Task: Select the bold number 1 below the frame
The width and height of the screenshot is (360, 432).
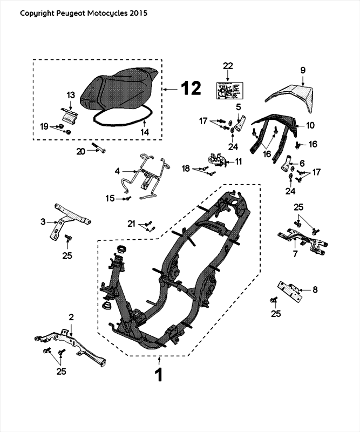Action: pos(159,374)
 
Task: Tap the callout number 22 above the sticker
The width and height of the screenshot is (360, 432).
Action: pos(228,65)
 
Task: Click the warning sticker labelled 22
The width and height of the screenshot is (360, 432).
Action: pos(228,90)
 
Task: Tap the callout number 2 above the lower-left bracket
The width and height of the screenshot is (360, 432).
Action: pos(71,317)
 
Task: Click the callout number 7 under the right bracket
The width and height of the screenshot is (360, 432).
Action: pos(295,254)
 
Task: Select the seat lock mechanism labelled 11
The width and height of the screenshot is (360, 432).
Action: pos(219,159)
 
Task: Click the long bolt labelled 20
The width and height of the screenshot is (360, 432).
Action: pos(97,151)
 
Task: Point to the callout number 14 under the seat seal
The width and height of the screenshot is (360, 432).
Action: pos(144,131)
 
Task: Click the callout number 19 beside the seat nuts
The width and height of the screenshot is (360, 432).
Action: pos(45,126)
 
